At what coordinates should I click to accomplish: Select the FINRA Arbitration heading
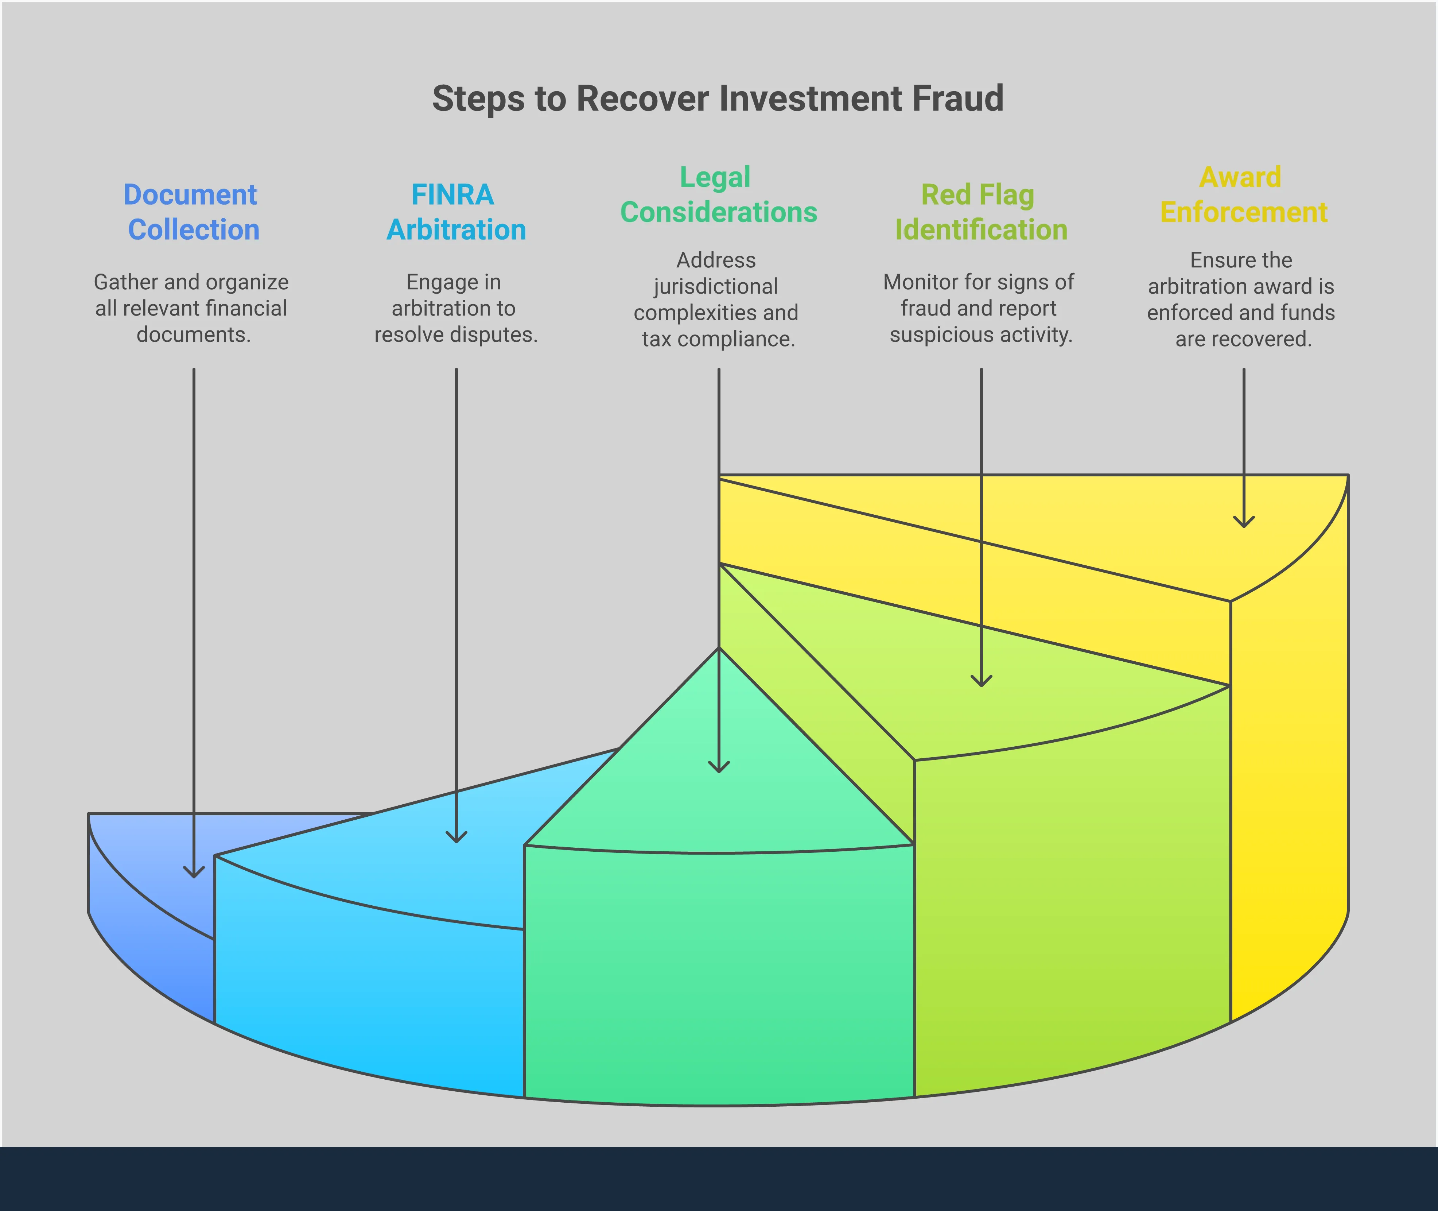[x=455, y=212]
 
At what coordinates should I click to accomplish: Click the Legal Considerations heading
[x=718, y=195]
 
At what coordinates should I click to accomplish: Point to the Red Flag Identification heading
[x=980, y=212]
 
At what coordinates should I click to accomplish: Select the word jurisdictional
[x=716, y=286]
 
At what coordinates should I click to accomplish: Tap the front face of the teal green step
[x=718, y=975]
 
